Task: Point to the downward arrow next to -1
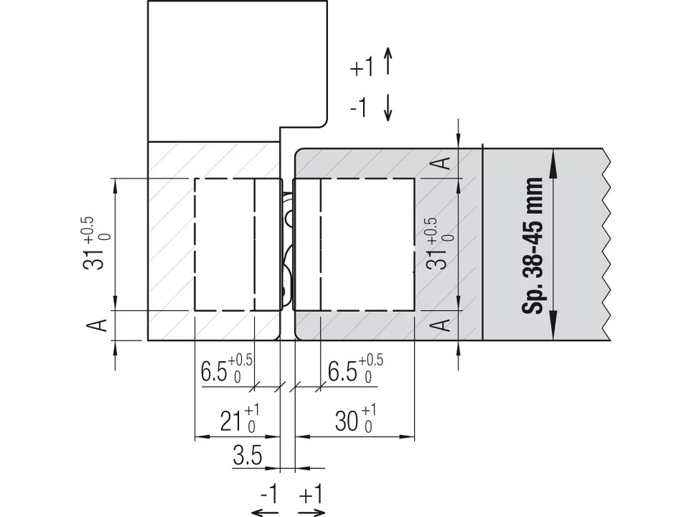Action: (388, 107)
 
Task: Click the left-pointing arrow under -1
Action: (266, 512)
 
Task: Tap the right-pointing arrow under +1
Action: (311, 512)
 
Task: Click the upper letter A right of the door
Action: (444, 162)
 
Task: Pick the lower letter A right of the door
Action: (444, 325)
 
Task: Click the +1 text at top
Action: (362, 68)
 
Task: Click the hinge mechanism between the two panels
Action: (287, 248)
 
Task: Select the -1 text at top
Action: (359, 108)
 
